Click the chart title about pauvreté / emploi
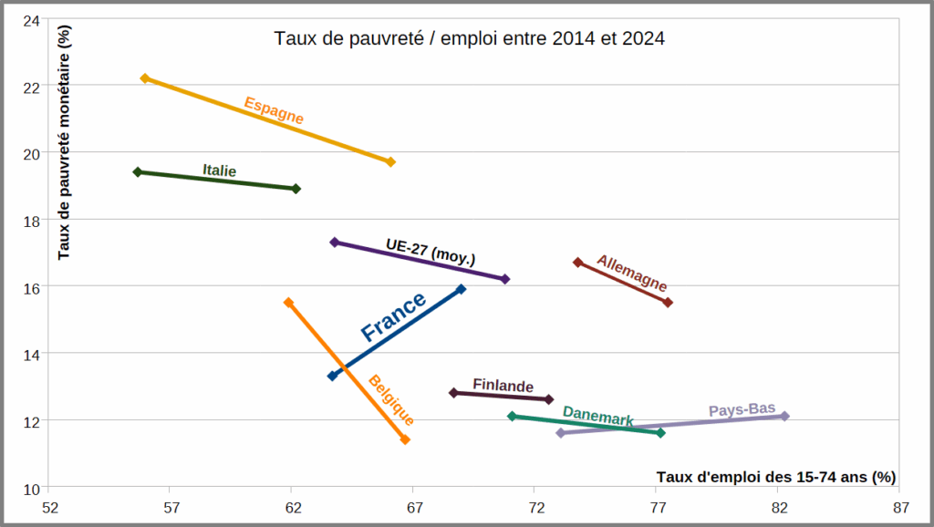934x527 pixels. point(470,38)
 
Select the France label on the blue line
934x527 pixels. point(393,316)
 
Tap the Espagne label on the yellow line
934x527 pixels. point(274,110)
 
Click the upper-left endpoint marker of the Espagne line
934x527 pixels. point(145,78)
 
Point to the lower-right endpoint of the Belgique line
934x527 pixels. point(405,439)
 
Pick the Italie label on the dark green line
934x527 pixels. point(219,170)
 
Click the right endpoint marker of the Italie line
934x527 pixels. point(296,189)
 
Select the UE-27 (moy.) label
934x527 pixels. point(430,251)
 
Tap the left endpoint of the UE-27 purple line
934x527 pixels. point(335,242)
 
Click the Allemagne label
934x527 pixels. point(632,273)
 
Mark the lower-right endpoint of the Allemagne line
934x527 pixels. point(668,303)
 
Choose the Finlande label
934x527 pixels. point(503,386)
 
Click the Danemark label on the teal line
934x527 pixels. point(597,416)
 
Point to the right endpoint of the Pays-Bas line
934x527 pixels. point(784,416)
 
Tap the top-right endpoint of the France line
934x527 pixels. point(461,289)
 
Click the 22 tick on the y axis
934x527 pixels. point(35,87)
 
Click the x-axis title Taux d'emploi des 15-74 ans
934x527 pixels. point(775,477)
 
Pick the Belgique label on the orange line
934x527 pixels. point(391,400)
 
